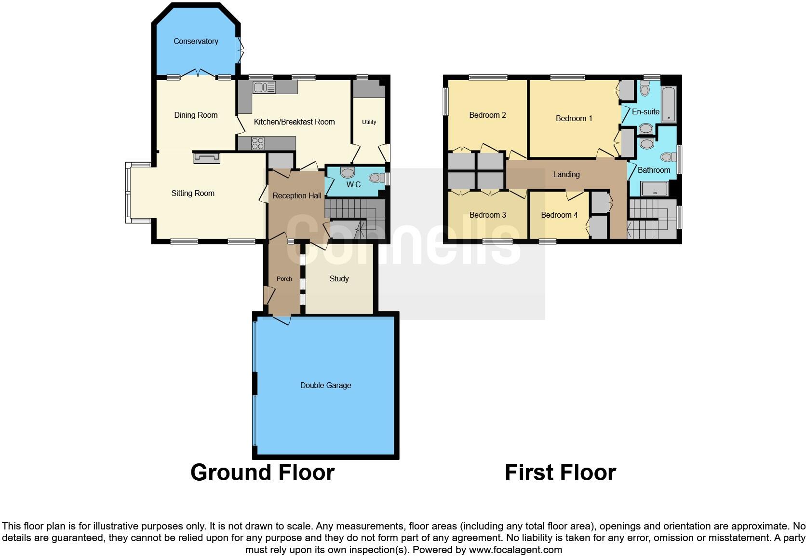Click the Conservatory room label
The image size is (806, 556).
[196, 42]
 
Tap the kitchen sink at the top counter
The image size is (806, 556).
[264, 87]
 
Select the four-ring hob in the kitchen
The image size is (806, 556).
[258, 143]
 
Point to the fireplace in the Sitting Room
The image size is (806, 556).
[207, 157]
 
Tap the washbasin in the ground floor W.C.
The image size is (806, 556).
[347, 173]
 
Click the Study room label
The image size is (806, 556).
[339, 279]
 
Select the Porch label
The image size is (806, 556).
[284, 279]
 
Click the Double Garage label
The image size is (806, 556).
[325, 386]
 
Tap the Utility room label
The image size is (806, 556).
[369, 122]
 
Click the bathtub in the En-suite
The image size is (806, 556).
[669, 104]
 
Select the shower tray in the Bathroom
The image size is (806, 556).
[655, 189]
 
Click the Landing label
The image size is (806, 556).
[566, 175]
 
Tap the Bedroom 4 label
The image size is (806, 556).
[559, 215]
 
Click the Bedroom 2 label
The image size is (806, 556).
[487, 115]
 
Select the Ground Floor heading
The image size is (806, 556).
[262, 473]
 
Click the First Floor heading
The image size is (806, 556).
[560, 473]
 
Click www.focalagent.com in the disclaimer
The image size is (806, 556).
[515, 550]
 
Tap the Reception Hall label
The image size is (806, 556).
[296, 196]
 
